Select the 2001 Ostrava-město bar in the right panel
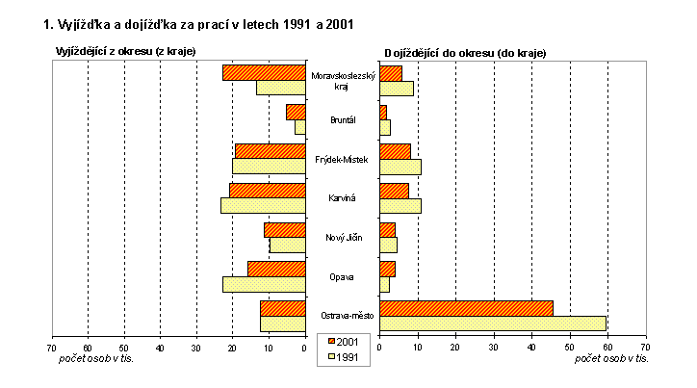[x=467, y=308]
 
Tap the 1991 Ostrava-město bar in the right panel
[x=493, y=323]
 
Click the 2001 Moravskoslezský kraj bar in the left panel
[x=263, y=72]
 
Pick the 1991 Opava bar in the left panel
[x=263, y=284]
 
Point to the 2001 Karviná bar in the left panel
[x=267, y=191]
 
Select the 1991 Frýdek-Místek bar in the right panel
[x=400, y=166]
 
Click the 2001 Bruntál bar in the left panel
[x=295, y=112]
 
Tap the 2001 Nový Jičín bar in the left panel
[x=284, y=229]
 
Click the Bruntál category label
[x=342, y=119]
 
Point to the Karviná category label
[x=342, y=198]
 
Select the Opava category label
[x=342, y=276]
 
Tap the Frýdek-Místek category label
[x=342, y=159]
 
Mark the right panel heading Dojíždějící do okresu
[x=465, y=52]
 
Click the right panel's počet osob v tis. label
[x=611, y=358]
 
